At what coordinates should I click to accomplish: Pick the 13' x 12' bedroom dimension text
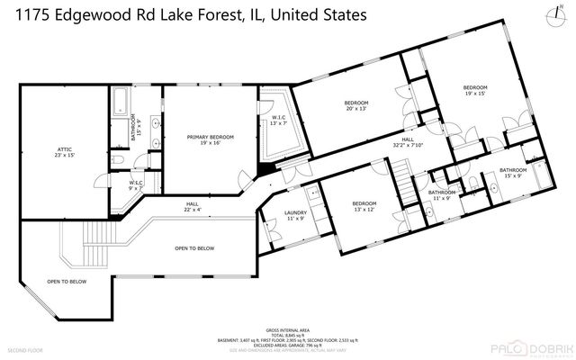364,209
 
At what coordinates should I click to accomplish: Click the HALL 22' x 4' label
193,207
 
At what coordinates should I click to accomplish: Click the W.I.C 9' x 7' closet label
135,185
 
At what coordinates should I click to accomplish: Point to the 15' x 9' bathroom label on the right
513,173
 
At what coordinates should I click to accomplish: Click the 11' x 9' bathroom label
441,195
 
